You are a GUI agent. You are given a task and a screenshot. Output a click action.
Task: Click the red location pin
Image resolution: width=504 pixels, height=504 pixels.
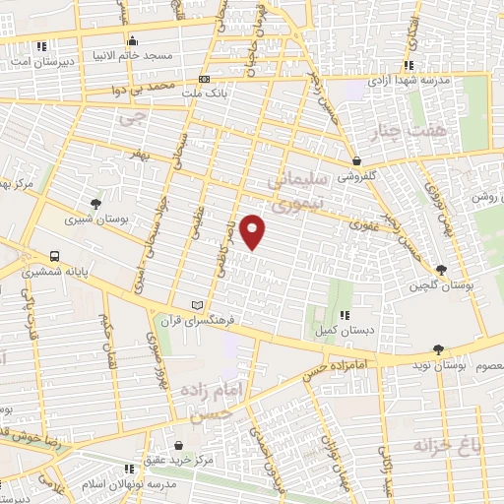[253, 232]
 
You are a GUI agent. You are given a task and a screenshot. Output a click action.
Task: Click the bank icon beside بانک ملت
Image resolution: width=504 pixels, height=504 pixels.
[204, 78]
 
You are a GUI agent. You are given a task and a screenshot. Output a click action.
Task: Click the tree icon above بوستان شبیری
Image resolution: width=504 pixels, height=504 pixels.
[94, 204]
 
